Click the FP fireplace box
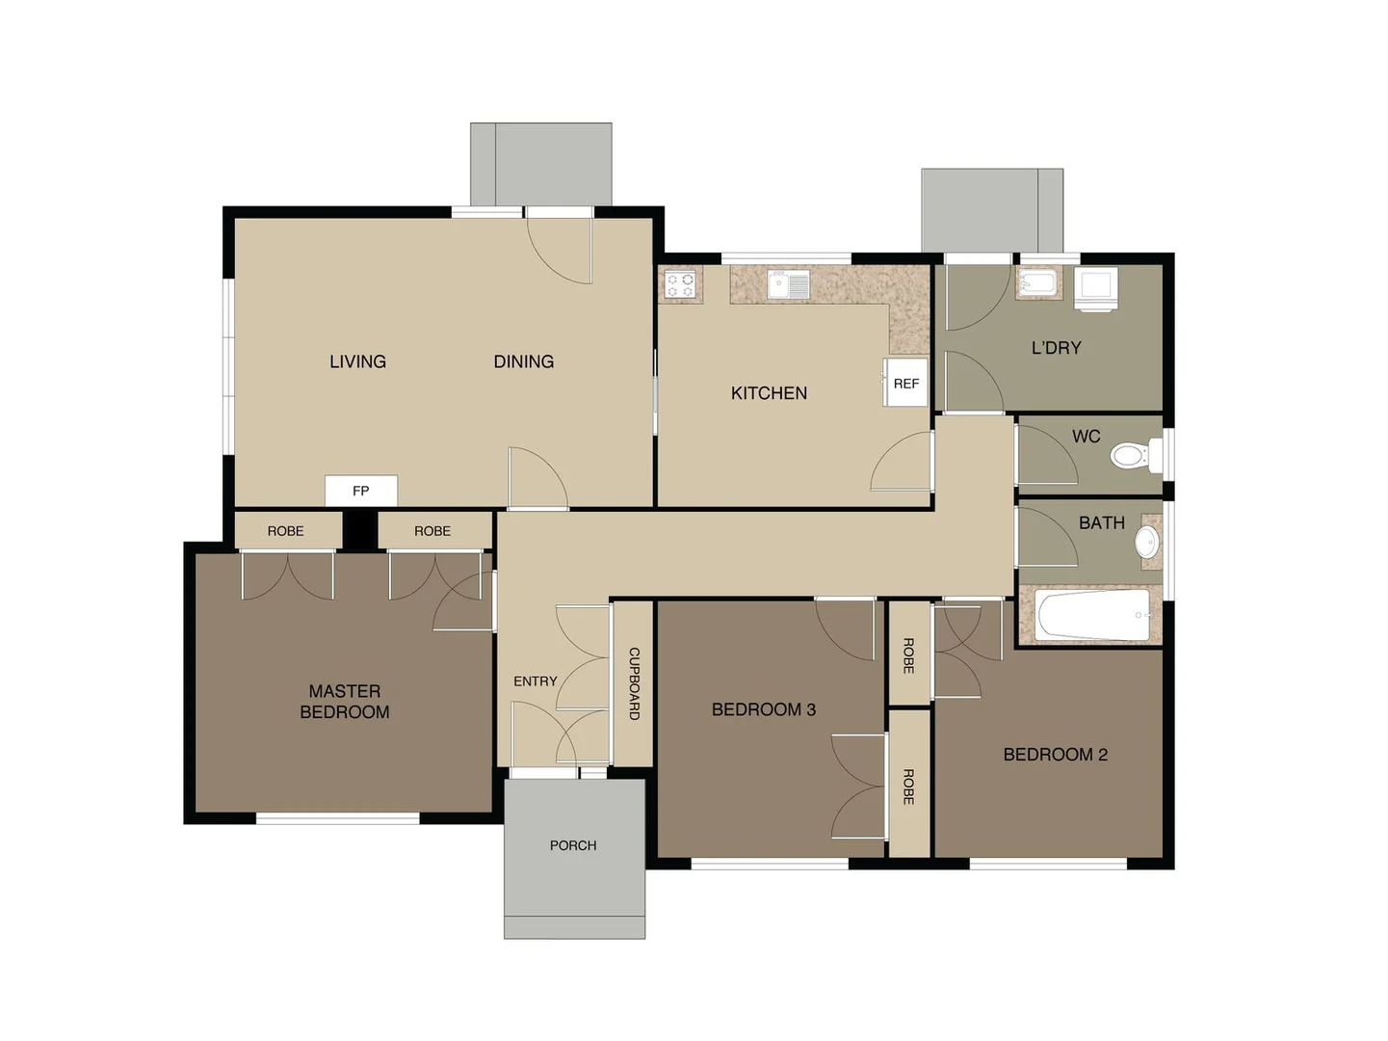click(x=360, y=491)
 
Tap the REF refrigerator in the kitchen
click(x=905, y=383)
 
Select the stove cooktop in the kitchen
click(x=681, y=284)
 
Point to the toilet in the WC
click(x=1133, y=454)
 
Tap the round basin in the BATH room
click(x=1146, y=541)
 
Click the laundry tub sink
click(x=1037, y=283)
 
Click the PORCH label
click(x=573, y=845)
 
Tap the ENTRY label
click(x=535, y=681)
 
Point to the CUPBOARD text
click(x=634, y=682)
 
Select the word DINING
click(x=523, y=361)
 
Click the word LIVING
click(x=357, y=361)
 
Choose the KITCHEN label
click(x=769, y=393)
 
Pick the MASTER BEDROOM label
click(x=344, y=702)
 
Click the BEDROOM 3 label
click(x=763, y=709)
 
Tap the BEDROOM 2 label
click(x=1055, y=755)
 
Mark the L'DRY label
click(x=1056, y=348)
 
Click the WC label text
click(x=1086, y=437)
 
